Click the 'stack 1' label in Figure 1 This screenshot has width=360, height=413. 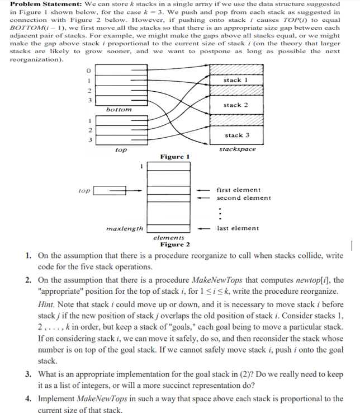tap(232, 80)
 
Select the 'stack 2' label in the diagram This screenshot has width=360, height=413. tap(232, 105)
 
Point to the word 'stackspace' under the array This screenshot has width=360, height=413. tap(238, 149)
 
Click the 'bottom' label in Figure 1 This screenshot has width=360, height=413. tap(118, 110)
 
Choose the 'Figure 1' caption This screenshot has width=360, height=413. tap(175, 157)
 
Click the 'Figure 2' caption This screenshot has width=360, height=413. tap(175, 245)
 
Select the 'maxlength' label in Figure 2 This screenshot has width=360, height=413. tap(125, 228)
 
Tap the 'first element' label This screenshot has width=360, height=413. tap(238, 190)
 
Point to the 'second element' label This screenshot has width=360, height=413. tap(244, 198)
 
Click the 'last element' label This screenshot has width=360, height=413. tap(238, 228)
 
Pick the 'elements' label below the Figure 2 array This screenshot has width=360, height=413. tap(169, 238)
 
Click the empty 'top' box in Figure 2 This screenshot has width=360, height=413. tap(105, 191)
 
